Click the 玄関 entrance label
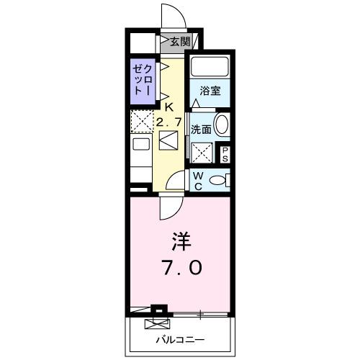(x=180, y=42)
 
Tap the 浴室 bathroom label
(x=210, y=92)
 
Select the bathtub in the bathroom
(x=210, y=68)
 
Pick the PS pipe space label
(x=224, y=153)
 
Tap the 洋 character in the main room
(x=180, y=239)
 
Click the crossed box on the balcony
(x=154, y=323)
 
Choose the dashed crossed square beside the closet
(x=140, y=120)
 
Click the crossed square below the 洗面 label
(x=202, y=152)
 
